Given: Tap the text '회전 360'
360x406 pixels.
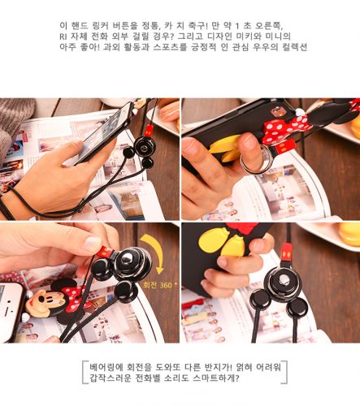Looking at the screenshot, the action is [x=158, y=285].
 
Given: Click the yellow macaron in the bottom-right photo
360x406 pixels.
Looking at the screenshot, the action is [x=349, y=234].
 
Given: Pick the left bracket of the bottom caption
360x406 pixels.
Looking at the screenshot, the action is [x=85, y=373].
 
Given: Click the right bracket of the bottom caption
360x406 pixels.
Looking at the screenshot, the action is [x=284, y=373].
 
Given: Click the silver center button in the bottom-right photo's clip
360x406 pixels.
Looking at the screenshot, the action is [x=282, y=281].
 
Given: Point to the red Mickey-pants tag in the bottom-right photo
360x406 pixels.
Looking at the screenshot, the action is [x=286, y=253].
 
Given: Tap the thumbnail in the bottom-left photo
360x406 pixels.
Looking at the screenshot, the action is [x=91, y=242].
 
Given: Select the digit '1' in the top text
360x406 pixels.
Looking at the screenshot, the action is [x=237, y=26].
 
